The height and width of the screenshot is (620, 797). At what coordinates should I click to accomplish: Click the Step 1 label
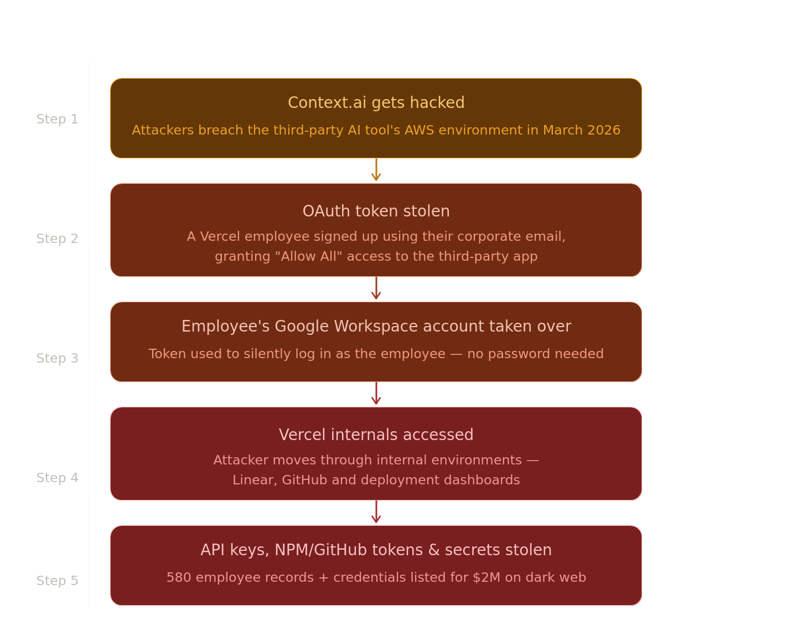pos(57,119)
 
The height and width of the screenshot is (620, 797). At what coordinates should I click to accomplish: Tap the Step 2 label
pos(57,239)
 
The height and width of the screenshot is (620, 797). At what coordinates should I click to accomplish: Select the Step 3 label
pos(57,358)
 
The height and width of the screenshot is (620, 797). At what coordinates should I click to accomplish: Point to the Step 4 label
pos(57,478)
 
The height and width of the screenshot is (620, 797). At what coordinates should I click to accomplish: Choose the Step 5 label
pos(57,581)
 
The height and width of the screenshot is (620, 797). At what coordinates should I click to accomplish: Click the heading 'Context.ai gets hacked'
pos(376,103)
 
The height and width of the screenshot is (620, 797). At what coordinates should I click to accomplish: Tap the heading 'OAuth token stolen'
pos(376,211)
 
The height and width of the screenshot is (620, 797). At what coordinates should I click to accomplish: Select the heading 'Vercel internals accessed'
pos(376,435)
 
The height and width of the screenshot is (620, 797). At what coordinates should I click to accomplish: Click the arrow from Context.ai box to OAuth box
pos(376,169)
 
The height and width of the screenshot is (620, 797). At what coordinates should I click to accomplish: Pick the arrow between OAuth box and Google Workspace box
pos(376,288)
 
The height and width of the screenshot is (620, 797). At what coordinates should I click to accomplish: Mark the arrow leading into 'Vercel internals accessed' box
pos(376,393)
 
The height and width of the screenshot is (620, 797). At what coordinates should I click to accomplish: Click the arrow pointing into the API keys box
pos(376,512)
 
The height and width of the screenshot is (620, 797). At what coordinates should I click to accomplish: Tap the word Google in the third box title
pos(302,327)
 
